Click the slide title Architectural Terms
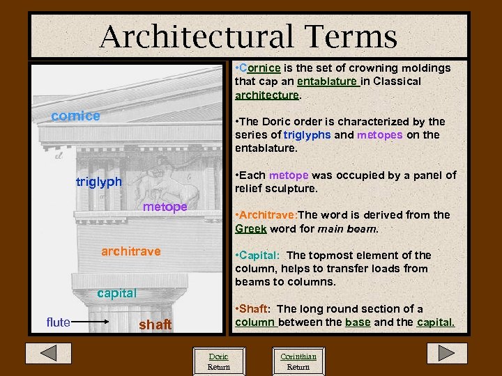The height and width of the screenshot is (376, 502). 248,36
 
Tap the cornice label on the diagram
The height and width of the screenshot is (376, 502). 76,116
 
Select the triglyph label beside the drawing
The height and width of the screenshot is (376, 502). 98,182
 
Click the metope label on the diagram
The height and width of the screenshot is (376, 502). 165,207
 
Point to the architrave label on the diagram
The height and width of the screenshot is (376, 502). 130,251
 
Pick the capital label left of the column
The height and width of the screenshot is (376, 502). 116,293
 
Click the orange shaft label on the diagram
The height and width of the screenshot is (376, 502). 155,324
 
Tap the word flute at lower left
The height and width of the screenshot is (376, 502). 58,322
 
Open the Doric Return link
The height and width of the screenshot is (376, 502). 218,361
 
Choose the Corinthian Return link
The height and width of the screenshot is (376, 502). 298,361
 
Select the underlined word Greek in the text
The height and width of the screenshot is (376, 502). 250,228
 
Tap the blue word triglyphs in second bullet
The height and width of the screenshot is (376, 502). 307,135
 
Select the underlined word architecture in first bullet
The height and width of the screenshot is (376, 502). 267,95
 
